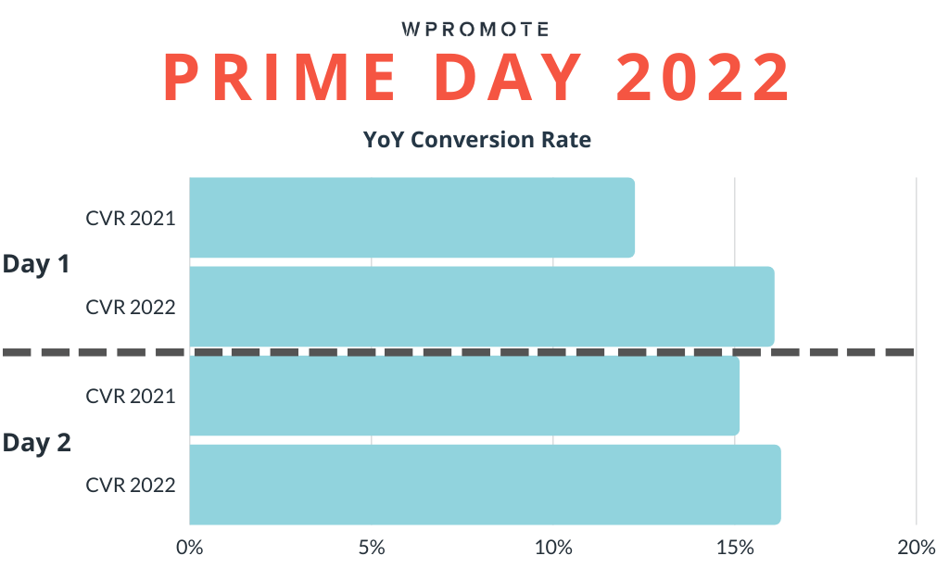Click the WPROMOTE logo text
click(x=476, y=28)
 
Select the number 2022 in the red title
click(x=704, y=80)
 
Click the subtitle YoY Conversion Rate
click(x=476, y=140)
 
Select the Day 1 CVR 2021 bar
click(x=411, y=218)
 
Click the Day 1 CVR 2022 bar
click(x=481, y=307)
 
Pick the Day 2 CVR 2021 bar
click(x=463, y=396)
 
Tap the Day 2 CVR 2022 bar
click(x=485, y=485)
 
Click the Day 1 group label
click(x=37, y=264)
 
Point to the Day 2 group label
click(x=37, y=443)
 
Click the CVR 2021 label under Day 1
click(x=131, y=219)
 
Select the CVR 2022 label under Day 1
click(x=131, y=307)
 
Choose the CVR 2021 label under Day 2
click(x=131, y=396)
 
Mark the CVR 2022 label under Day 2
click(x=131, y=485)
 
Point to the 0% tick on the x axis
click(x=189, y=548)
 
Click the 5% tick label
click(x=371, y=548)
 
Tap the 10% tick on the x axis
click(x=552, y=548)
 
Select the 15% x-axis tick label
click(x=734, y=548)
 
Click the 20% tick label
click(x=916, y=548)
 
